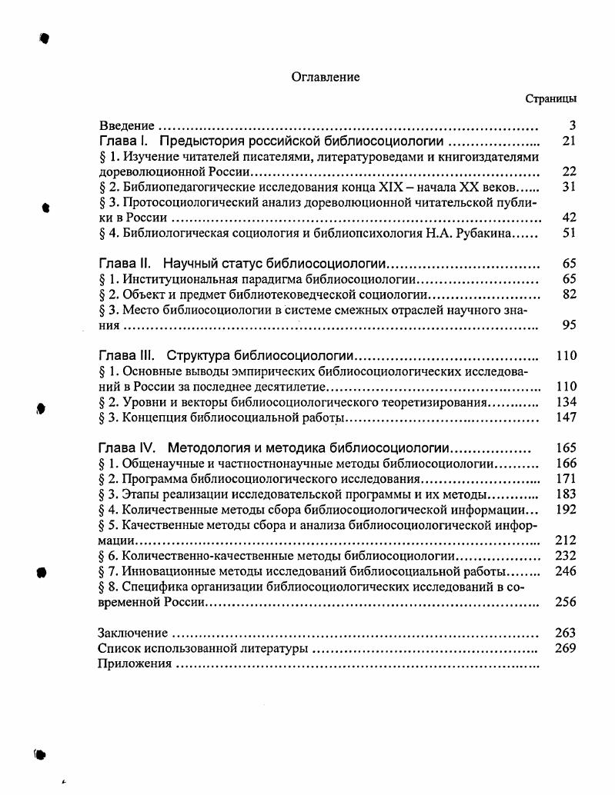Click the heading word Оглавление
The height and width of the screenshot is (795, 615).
(x=326, y=77)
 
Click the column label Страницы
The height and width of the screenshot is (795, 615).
(x=551, y=98)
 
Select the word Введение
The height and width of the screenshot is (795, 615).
(x=127, y=125)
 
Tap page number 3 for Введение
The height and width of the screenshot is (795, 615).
(x=573, y=125)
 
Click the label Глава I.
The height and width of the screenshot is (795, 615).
(x=122, y=141)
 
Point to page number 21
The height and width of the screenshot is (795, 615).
(x=570, y=141)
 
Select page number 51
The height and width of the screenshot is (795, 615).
(x=570, y=233)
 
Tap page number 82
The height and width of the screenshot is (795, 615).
(x=570, y=294)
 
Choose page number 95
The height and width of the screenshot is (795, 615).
(x=570, y=325)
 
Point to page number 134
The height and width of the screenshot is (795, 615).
(x=567, y=402)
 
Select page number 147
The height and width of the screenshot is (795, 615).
(x=567, y=417)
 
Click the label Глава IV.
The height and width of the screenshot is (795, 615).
(x=127, y=448)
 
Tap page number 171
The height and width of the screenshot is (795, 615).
(x=567, y=479)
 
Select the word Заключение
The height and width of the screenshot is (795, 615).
(x=132, y=633)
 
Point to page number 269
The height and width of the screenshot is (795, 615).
(x=567, y=648)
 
